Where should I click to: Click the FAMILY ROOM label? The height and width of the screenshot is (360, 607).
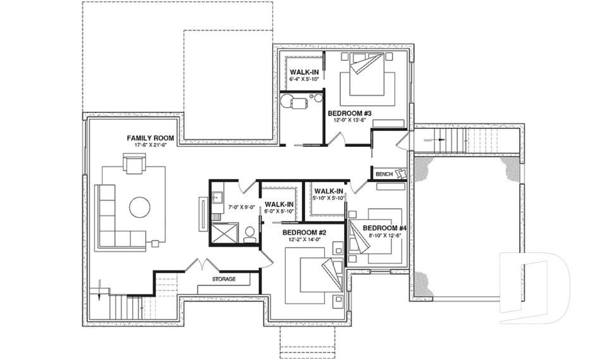point(150,137)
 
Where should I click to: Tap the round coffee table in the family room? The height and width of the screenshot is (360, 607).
point(140,207)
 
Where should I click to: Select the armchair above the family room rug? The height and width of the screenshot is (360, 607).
point(135,165)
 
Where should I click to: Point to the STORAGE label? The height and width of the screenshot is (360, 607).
point(223,279)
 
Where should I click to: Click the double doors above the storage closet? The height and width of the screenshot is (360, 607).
point(202,266)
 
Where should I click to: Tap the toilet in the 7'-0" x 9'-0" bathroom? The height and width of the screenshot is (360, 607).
point(249,233)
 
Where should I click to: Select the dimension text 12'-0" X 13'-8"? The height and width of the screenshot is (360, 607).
point(348,120)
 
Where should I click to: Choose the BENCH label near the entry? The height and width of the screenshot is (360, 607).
point(384,174)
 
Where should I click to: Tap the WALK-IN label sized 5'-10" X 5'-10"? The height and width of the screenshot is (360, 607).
point(329,190)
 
